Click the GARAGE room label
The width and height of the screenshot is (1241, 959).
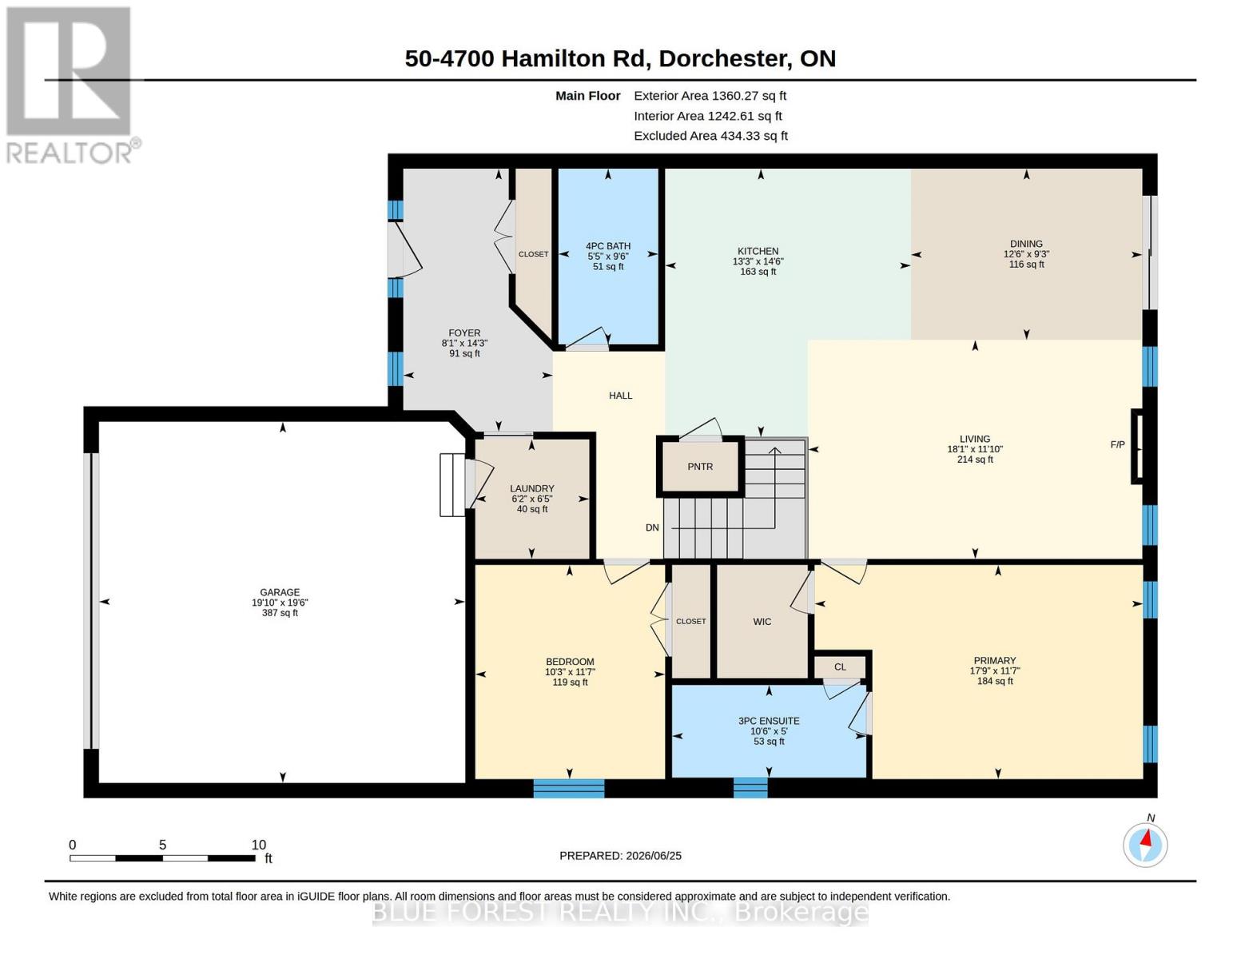(x=280, y=592)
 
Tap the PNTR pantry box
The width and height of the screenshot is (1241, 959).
(x=700, y=467)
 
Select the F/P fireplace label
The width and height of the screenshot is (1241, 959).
(x=1118, y=444)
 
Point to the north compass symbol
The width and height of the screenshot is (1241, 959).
(x=1145, y=844)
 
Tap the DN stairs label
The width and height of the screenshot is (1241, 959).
(x=652, y=527)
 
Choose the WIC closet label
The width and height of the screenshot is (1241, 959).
(x=762, y=622)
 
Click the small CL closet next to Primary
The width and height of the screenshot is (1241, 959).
(x=840, y=667)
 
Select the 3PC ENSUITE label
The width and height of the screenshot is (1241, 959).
(x=769, y=721)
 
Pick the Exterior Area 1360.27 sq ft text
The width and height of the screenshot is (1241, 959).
(x=710, y=96)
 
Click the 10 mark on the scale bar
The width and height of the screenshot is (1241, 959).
(x=259, y=845)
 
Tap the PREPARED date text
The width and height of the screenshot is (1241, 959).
(x=620, y=856)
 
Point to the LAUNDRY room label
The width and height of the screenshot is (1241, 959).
(x=531, y=488)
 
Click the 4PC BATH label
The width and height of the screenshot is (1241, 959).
(x=607, y=246)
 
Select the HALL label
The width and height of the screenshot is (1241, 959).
(x=620, y=396)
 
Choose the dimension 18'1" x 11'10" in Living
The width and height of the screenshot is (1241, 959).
(x=975, y=449)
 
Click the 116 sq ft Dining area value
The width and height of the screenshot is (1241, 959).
(x=1026, y=265)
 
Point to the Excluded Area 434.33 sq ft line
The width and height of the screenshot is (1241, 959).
(x=711, y=136)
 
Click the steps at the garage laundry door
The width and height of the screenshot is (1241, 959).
(x=451, y=485)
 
